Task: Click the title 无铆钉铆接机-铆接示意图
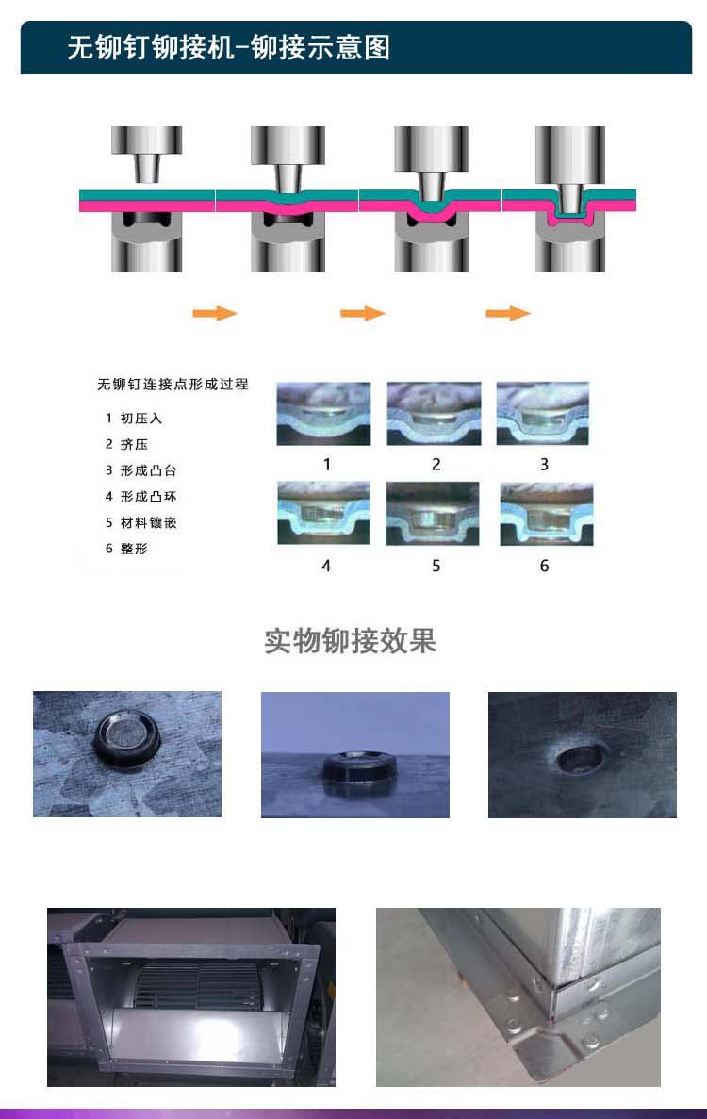point(228,48)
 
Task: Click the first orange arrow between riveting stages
point(215,313)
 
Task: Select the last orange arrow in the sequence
point(508,313)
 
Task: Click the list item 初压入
point(141,419)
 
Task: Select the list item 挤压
point(134,444)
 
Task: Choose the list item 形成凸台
point(148,470)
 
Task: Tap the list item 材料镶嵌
point(148,522)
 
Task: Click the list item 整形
point(134,548)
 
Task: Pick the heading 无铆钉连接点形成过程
point(173,384)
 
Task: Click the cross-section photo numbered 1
point(324,414)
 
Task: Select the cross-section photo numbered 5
point(433,514)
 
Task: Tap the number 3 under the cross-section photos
point(544,465)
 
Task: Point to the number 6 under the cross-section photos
point(544,566)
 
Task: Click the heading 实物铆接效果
point(350,641)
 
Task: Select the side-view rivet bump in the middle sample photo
point(359,768)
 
